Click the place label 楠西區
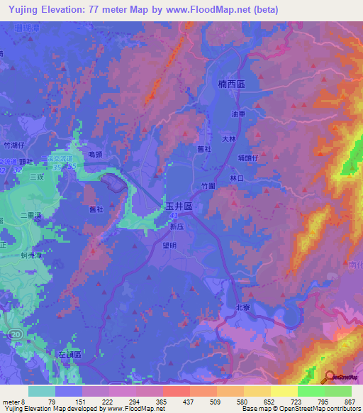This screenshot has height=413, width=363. click(x=232, y=84)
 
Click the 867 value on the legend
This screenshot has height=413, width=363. click(x=349, y=402)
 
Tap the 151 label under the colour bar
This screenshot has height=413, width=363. click(x=79, y=402)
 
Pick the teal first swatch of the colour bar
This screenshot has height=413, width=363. click(x=42, y=391)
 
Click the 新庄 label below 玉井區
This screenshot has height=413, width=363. click(x=177, y=227)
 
